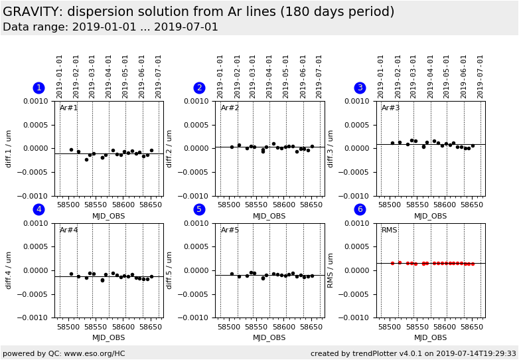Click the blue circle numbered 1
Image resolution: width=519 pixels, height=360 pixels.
point(38,88)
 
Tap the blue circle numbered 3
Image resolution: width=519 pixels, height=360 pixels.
point(360,88)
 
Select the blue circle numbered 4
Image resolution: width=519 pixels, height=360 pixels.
point(38,209)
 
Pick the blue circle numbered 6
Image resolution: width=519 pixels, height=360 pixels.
point(360,209)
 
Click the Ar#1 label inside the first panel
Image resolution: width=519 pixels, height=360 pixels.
point(69,108)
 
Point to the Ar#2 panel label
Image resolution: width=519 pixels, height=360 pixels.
point(230,108)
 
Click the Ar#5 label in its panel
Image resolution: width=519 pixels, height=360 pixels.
point(230,230)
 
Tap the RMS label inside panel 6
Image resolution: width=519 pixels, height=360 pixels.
point(389,230)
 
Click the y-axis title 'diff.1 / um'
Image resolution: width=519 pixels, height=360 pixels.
point(9,148)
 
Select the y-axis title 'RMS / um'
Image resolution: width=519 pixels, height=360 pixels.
point(331,270)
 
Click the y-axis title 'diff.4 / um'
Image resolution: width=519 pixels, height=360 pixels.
point(9,270)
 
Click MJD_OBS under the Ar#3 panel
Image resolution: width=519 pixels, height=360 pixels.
point(430,216)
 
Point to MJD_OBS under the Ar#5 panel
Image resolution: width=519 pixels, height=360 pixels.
point(269,337)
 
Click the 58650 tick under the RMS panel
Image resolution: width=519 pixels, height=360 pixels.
point(472,327)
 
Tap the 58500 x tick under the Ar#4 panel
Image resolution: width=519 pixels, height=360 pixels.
point(68,327)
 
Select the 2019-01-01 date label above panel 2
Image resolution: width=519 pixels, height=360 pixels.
point(221,76)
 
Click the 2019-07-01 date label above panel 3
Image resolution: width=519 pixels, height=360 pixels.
point(481,76)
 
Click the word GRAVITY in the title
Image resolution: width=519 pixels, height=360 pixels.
point(31,12)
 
